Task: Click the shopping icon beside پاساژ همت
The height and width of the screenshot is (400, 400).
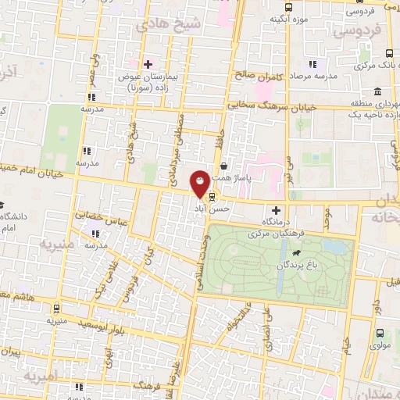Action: (225, 166)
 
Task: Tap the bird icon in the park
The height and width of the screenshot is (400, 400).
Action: (298, 254)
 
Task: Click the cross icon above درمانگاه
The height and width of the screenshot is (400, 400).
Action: (275, 209)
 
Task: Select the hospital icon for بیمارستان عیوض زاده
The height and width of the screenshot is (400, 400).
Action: (148, 63)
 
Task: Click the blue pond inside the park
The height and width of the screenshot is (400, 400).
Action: (337, 248)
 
